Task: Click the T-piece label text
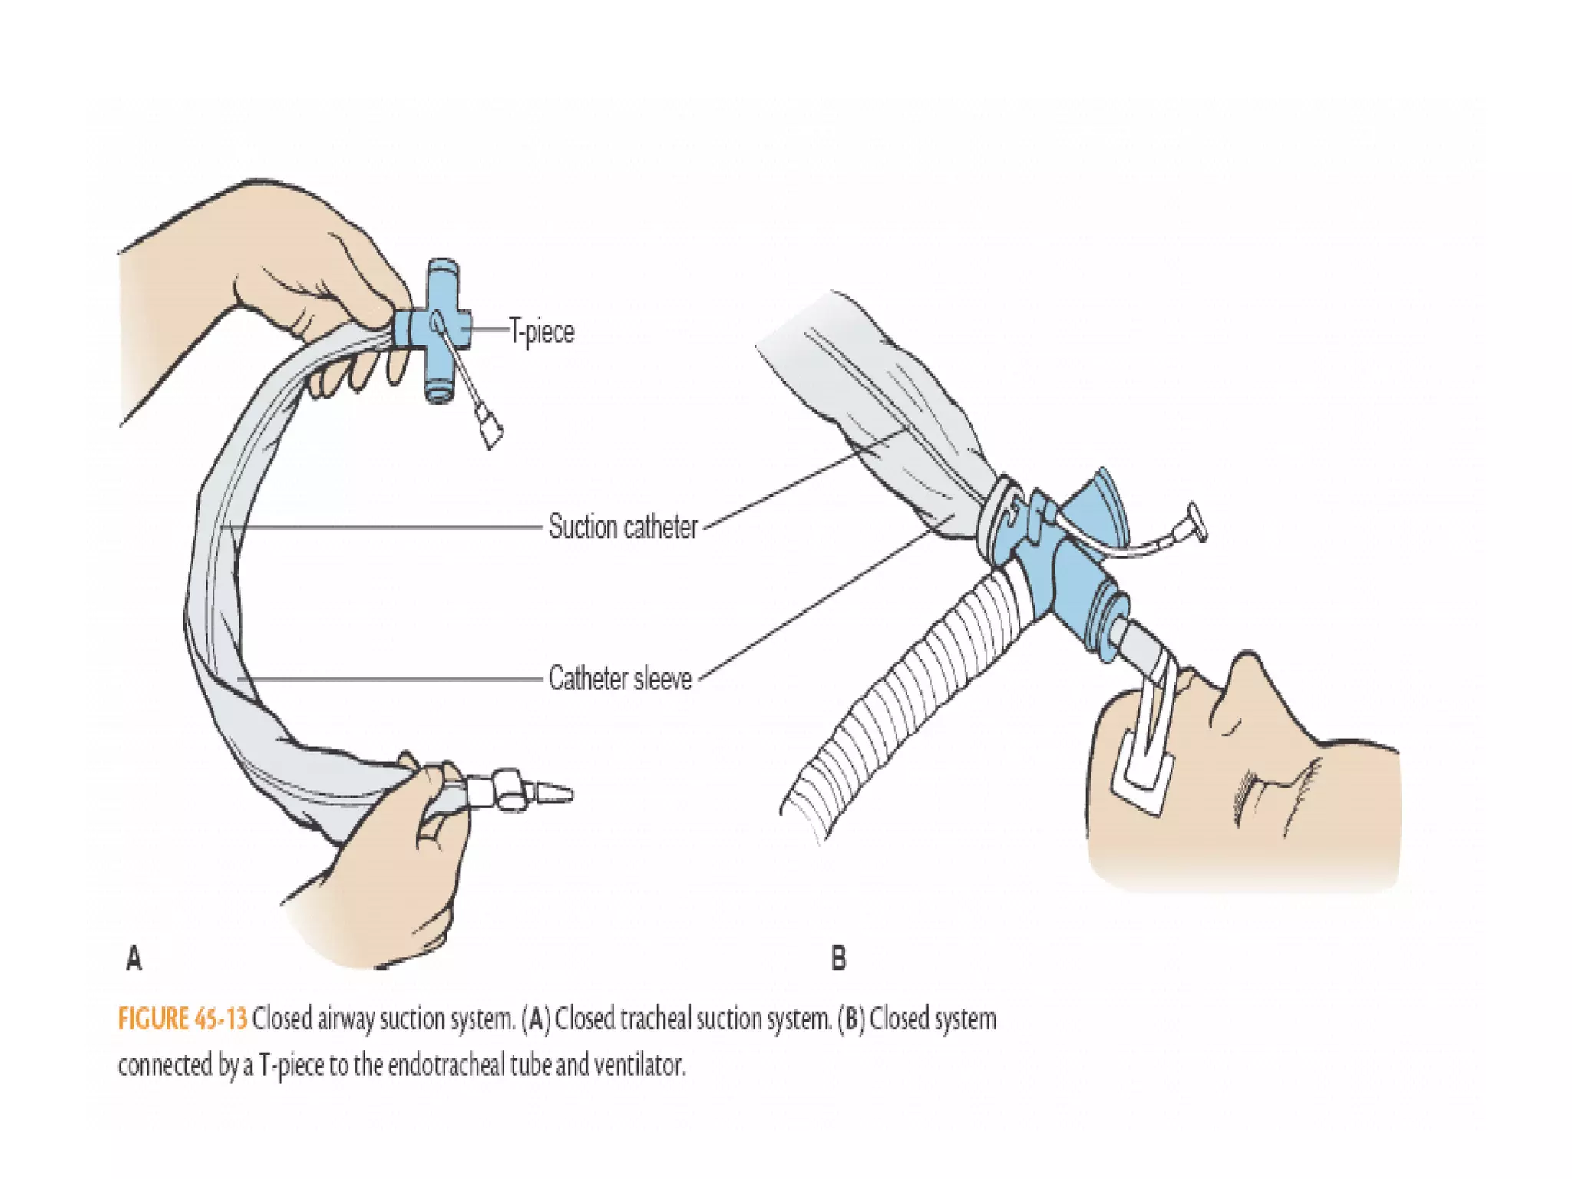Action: pos(542,332)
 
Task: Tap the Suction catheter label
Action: pos(623,527)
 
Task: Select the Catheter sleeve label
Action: pos(620,679)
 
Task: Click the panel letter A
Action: pos(134,959)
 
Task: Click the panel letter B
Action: pos(838,959)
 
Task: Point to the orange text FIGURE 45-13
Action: pos(183,1019)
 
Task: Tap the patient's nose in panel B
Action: pos(1247,675)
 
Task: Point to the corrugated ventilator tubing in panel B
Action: pos(906,691)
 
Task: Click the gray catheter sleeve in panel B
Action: pos(898,407)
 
